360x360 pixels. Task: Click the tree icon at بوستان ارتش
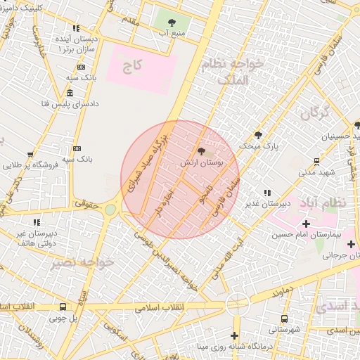pos(202,151)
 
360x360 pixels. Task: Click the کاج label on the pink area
pos(132,66)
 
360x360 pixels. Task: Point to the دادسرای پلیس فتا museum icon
pos(69,94)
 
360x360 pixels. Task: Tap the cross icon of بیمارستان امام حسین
pos(305,223)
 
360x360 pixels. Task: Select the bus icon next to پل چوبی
pos(63,307)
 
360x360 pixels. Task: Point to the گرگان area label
pos(315,112)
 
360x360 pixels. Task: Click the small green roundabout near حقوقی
pos(110,209)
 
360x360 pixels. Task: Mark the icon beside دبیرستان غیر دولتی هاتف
pos(36,222)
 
